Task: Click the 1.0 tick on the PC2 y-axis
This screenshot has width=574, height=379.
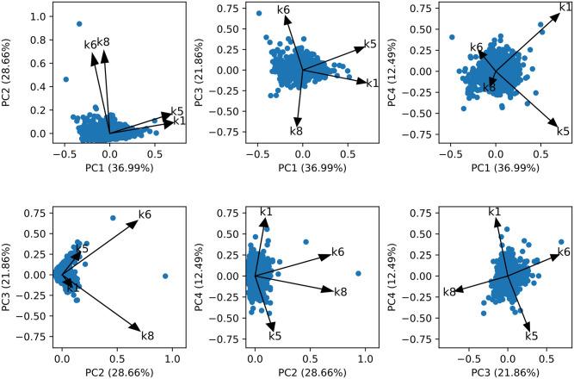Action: point(33,16)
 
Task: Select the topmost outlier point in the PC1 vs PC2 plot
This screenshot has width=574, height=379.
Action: point(79,24)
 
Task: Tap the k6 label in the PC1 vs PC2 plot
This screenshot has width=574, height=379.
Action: point(90,45)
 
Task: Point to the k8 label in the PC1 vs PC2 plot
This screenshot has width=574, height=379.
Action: point(103,42)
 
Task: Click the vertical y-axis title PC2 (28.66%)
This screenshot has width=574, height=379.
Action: point(9,77)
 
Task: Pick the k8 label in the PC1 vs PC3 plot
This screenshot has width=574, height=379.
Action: point(296,131)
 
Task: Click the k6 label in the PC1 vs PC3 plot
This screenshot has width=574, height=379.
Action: point(283,9)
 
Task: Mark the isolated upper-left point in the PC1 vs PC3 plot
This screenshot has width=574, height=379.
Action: point(259,13)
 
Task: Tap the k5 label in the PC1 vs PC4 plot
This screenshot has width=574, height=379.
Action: point(563,131)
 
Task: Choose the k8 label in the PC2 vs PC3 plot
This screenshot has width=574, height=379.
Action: point(146,335)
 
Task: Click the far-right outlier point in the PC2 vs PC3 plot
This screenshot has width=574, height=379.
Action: point(165,276)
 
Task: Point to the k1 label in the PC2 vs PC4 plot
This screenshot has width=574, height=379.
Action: point(266,212)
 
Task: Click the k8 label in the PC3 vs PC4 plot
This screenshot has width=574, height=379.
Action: point(448,293)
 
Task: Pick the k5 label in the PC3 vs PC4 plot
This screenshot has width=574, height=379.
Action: point(531,335)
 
